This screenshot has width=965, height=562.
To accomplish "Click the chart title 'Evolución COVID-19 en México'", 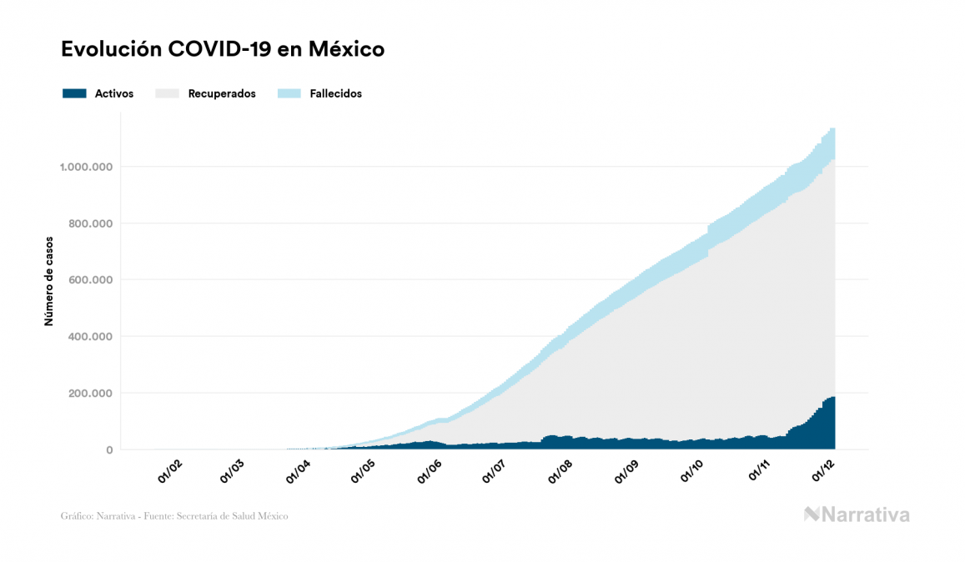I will coord(223,49).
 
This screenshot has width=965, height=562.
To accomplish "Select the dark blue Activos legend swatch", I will coord(74,93).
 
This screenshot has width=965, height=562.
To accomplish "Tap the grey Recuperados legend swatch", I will coord(168,93).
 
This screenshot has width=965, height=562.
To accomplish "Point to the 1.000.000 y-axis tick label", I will coord(86,167).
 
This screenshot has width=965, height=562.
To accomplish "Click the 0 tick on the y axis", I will coord(109,450).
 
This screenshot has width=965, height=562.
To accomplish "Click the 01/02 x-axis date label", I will coord(169,473).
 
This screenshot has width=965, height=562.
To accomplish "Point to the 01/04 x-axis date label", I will coord(299,473).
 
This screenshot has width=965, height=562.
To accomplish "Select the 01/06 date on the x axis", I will coord(429,473).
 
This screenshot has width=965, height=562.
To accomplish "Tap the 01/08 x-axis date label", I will coord(560,473).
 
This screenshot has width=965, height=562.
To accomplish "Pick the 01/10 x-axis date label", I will coord(691,473).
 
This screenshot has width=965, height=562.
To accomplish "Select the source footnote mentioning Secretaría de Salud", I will coord(174,516).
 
